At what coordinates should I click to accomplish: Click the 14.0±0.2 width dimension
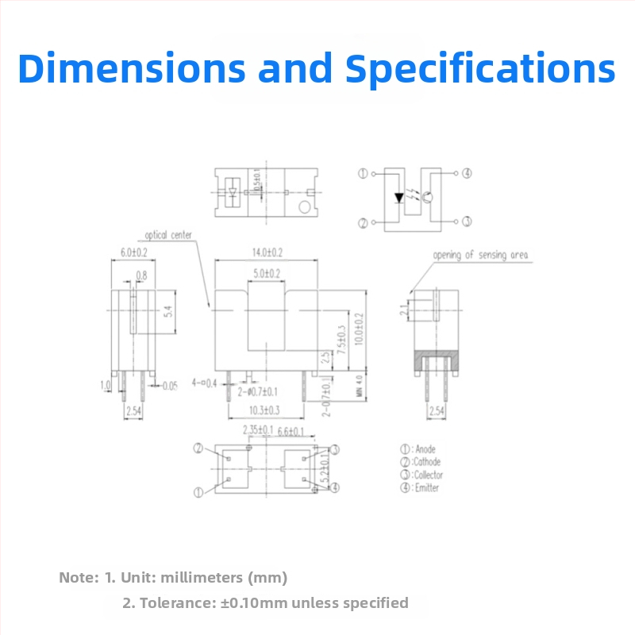point(267,252)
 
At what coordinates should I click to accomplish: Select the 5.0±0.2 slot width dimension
point(267,273)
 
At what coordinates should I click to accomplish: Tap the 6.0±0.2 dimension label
point(133,252)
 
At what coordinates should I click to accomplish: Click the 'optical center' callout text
point(169,235)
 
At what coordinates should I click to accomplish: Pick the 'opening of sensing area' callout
point(480,255)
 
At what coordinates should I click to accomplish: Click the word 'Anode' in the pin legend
point(425,449)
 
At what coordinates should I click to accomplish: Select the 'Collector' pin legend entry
point(428,475)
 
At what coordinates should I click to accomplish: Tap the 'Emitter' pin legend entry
point(426,487)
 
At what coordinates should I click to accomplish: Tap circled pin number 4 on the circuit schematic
point(468,173)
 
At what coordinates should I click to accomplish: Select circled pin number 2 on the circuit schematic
point(363,223)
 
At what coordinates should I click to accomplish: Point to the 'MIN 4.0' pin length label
point(359,385)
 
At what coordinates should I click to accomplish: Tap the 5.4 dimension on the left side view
point(167,312)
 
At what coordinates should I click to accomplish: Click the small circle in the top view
point(303,208)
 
